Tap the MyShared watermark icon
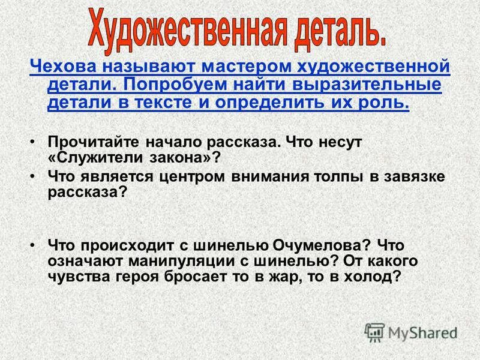pos(374,332)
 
